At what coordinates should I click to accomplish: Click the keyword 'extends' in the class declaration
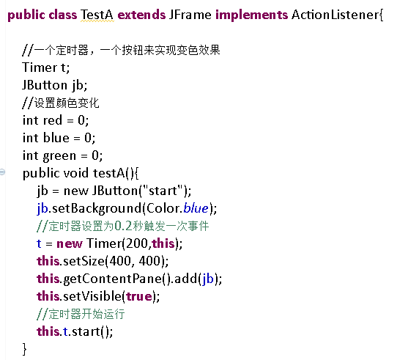click(x=141, y=15)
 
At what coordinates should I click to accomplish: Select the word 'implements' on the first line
click(x=251, y=15)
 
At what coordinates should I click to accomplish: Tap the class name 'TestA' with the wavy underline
click(x=97, y=15)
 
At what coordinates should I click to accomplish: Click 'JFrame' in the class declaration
click(x=190, y=15)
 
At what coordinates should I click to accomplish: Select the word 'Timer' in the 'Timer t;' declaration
click(x=40, y=67)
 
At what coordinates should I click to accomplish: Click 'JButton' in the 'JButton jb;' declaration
click(x=45, y=85)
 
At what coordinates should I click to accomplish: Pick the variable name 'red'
click(x=53, y=120)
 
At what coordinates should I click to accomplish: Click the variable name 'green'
click(x=59, y=156)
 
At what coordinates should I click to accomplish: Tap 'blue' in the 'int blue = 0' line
click(x=56, y=138)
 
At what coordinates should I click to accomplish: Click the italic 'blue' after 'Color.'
click(x=196, y=208)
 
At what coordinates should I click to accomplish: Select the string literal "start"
click(x=163, y=191)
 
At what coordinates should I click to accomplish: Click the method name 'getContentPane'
click(x=113, y=279)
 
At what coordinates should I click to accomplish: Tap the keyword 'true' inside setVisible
click(x=139, y=296)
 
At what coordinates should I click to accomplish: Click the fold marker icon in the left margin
click(x=2, y=172)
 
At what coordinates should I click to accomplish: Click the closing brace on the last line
click(x=25, y=349)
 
